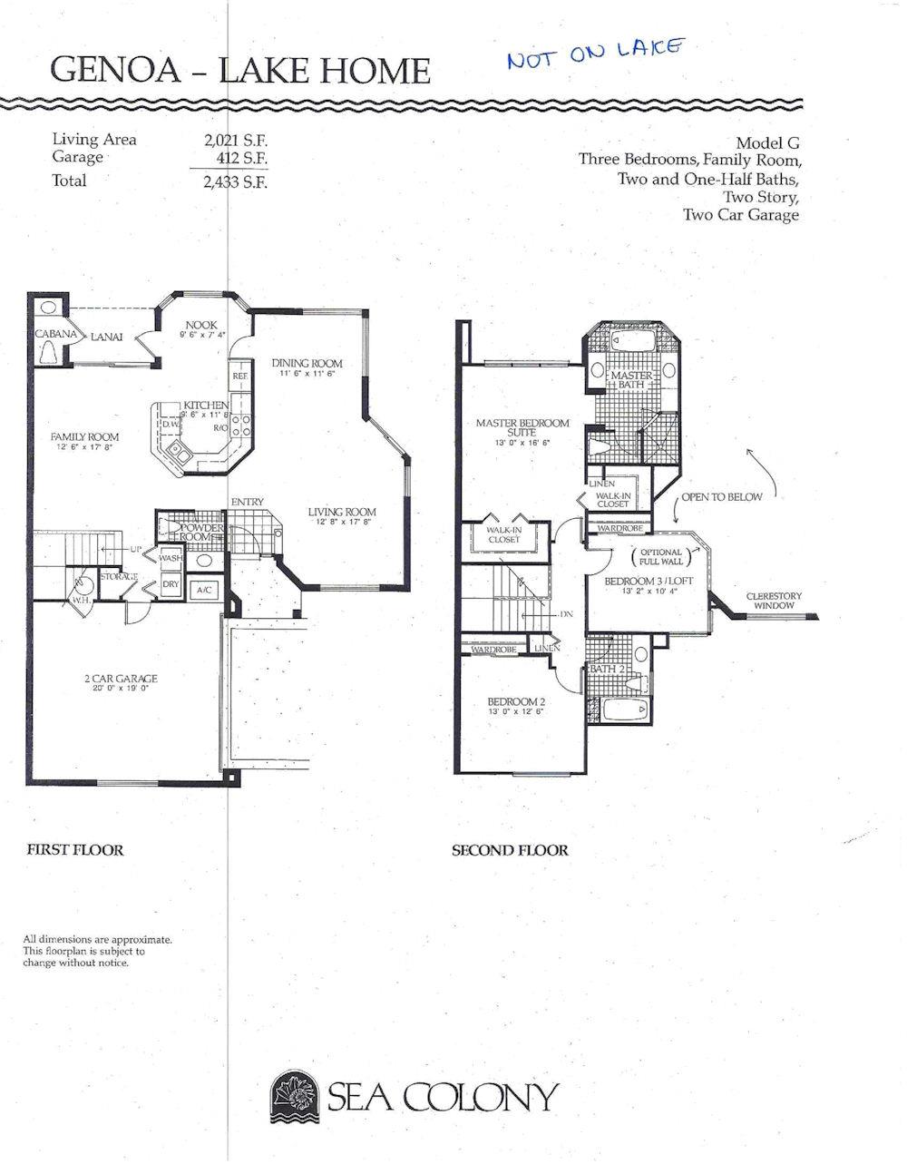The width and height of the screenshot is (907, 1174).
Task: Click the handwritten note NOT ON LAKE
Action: (x=596, y=54)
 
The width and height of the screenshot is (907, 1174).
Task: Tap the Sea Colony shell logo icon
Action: (x=294, y=1096)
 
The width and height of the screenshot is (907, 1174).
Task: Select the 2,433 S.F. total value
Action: (x=236, y=181)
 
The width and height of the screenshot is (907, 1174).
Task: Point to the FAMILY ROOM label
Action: (x=84, y=437)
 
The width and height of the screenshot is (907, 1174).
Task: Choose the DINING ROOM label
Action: (x=307, y=364)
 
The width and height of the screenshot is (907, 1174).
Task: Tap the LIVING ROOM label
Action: (x=341, y=513)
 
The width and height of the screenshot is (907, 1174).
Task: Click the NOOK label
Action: (x=200, y=326)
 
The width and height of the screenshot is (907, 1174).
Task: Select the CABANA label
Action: (x=55, y=334)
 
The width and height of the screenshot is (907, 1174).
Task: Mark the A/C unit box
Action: (x=204, y=590)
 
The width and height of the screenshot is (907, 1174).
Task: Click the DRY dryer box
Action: (x=171, y=585)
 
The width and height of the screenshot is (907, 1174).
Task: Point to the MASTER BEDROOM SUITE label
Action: (x=522, y=427)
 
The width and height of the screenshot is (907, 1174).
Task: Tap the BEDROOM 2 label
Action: (x=515, y=702)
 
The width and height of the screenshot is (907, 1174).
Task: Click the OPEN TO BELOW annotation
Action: (x=721, y=496)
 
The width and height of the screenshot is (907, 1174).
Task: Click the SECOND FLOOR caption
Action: (x=510, y=850)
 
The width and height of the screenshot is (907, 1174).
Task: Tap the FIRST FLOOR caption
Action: (x=74, y=850)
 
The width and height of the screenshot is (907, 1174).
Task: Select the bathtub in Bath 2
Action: (x=624, y=709)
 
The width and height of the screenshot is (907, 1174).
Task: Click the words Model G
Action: (x=767, y=142)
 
